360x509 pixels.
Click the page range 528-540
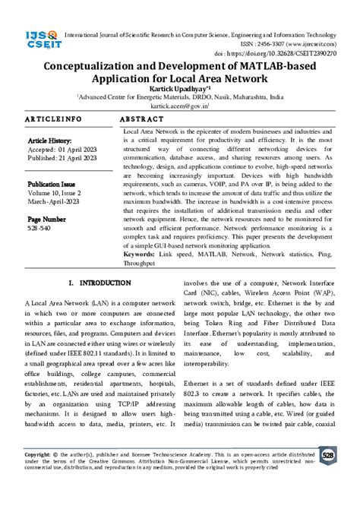[41, 228]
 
